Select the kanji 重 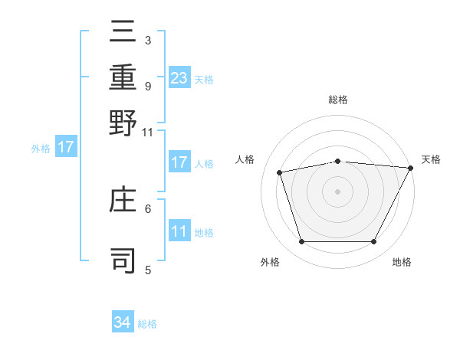[x=123, y=78]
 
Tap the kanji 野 [x=123, y=123]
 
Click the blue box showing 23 [x=179, y=77]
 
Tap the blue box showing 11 [x=179, y=231]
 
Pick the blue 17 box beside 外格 [x=66, y=147]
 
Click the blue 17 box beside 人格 [x=179, y=162]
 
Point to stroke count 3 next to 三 [x=147, y=40]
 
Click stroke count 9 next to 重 [x=147, y=86]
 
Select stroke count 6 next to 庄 [x=147, y=208]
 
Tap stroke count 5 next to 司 [x=147, y=269]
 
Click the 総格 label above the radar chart [x=338, y=100]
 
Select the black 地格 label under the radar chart [x=402, y=263]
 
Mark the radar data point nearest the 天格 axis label [x=411, y=168]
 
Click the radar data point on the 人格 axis [x=280, y=172]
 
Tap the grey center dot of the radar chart [x=338, y=191]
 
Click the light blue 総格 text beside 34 [x=147, y=324]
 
